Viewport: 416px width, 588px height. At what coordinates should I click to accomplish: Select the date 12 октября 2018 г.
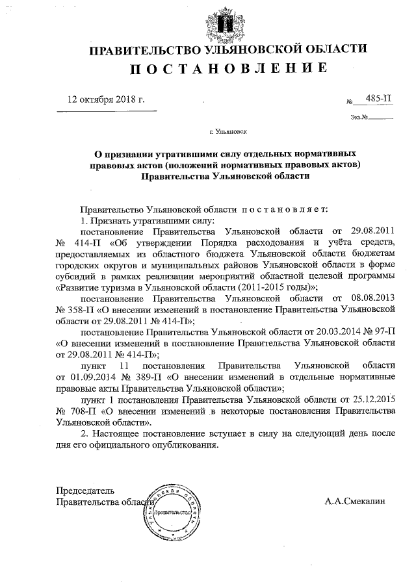(x=107, y=99)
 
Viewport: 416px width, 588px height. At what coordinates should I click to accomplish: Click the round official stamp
(x=174, y=513)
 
